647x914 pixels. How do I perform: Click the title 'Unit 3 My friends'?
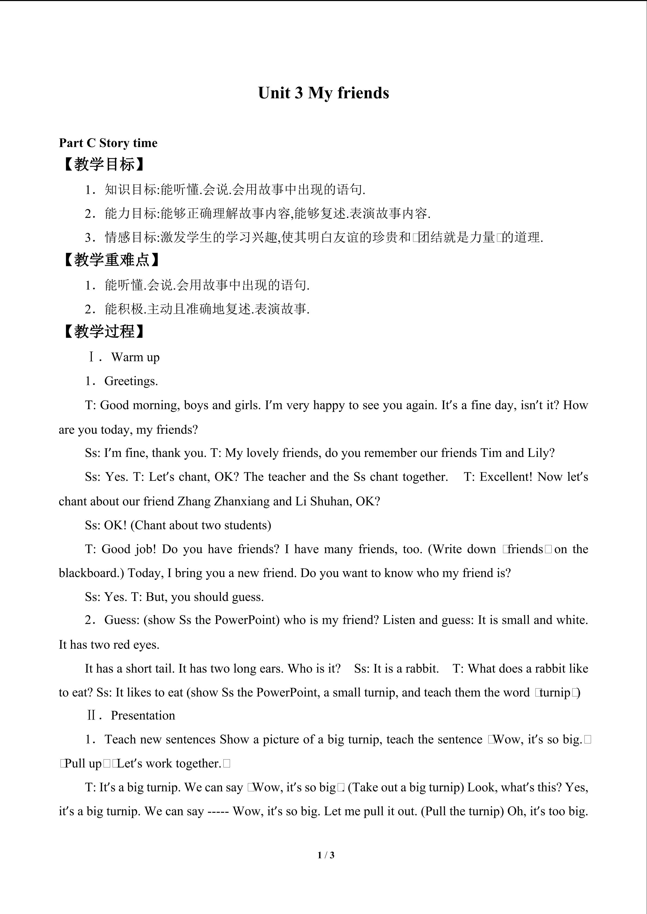tap(323, 93)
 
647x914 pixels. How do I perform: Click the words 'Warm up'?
tap(135, 357)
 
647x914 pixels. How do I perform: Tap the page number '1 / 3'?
tap(326, 855)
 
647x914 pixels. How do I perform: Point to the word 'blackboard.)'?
tap(92, 573)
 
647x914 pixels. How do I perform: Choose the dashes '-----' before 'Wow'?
tap(218, 811)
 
